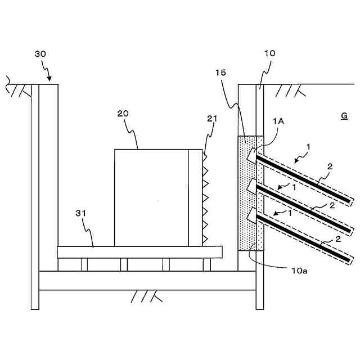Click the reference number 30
point(41,54)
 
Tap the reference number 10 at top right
point(269,53)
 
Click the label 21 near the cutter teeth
point(212,119)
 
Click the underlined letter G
point(344,116)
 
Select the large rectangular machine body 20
point(151,197)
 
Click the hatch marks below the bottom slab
point(145,295)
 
